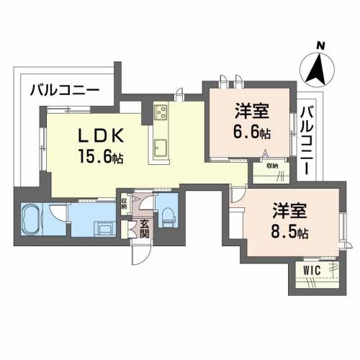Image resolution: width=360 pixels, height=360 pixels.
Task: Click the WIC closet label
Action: coord(312,270)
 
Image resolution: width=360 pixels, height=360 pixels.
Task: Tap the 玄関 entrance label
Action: coord(144,228)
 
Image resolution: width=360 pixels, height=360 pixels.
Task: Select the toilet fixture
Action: coord(166,214)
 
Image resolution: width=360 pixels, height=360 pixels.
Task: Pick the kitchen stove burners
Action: coord(160,112)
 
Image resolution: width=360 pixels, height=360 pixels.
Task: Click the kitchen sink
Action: coord(159,150)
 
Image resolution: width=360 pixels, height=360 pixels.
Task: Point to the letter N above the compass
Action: coord(320,45)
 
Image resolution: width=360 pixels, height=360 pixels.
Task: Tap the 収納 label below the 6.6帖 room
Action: coord(271,166)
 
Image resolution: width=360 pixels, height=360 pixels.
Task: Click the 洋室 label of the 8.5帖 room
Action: coord(290,212)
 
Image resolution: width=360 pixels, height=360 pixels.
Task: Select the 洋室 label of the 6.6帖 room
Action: coord(252,112)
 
